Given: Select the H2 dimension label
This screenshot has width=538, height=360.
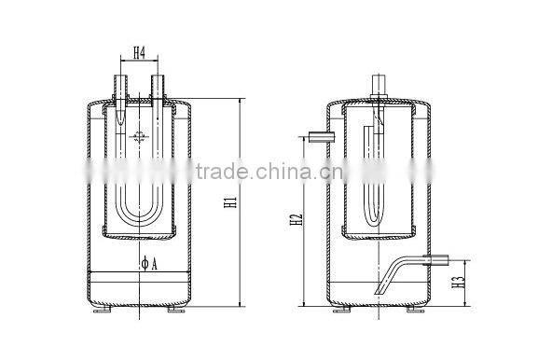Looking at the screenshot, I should pyautogui.click(x=297, y=220).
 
